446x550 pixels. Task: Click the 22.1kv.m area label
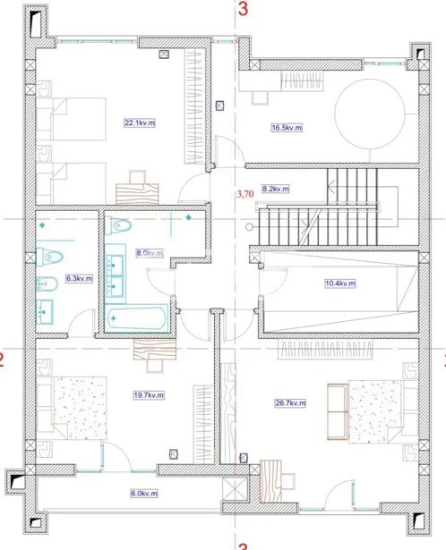[140, 123]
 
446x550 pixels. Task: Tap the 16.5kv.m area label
[287, 128]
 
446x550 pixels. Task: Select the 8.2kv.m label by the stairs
[276, 189]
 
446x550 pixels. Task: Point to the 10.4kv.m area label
[340, 283]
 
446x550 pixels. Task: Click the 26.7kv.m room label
[290, 403]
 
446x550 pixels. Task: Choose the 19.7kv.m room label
[149, 395]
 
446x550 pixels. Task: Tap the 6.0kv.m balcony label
[144, 494]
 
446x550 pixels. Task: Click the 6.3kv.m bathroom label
[80, 278]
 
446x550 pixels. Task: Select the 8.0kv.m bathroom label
[150, 253]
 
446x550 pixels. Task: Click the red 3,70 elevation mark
[245, 194]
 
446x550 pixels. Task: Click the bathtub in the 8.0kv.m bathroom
[137, 318]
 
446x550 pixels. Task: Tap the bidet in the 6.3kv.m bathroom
[47, 283]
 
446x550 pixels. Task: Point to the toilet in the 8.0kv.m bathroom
[118, 225]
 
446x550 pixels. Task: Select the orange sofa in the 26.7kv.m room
[338, 411]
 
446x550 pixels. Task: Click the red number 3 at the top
[243, 9]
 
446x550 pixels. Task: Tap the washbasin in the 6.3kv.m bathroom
[45, 311]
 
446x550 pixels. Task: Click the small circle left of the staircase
[249, 227]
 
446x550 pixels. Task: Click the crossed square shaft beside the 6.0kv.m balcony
[235, 490]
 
